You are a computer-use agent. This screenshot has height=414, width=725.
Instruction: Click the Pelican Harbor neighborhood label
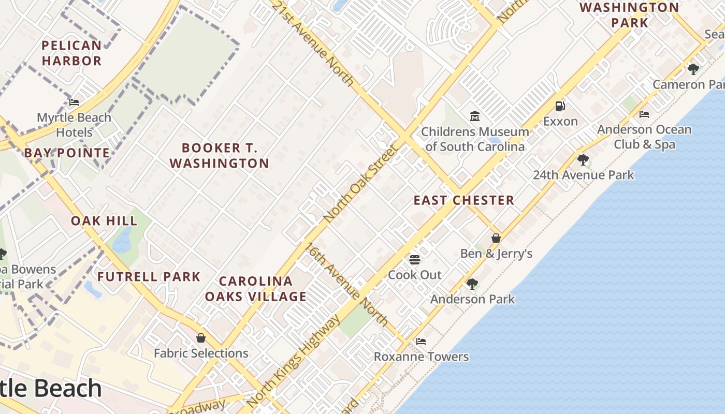point(71,53)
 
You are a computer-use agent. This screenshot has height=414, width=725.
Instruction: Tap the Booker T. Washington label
point(219,156)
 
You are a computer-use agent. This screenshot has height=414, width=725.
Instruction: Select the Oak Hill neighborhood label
point(104,221)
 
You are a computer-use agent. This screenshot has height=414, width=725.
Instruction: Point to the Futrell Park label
point(149,277)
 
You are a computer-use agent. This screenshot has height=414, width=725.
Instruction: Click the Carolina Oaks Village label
point(256,289)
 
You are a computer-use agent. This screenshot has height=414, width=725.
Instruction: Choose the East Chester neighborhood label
point(463,200)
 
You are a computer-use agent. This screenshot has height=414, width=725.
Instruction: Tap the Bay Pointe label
point(67,153)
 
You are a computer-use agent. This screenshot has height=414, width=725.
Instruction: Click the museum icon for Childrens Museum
point(475,116)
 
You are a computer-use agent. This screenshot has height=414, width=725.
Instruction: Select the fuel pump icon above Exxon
point(560,106)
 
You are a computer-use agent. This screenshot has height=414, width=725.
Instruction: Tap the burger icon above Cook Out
point(415,259)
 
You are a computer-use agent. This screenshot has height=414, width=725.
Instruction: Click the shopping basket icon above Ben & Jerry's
point(496,238)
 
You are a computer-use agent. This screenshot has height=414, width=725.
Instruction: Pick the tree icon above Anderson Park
point(472,284)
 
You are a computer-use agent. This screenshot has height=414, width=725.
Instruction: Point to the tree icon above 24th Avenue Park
point(583,159)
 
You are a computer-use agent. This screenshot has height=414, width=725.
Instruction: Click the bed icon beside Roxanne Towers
point(421,342)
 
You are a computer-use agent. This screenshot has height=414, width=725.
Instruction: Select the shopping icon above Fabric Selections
point(201,338)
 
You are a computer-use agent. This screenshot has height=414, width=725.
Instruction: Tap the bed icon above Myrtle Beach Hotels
point(74,102)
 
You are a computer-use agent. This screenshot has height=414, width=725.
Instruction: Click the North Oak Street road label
point(360,184)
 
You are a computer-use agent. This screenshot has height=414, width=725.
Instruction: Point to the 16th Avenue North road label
point(346,284)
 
